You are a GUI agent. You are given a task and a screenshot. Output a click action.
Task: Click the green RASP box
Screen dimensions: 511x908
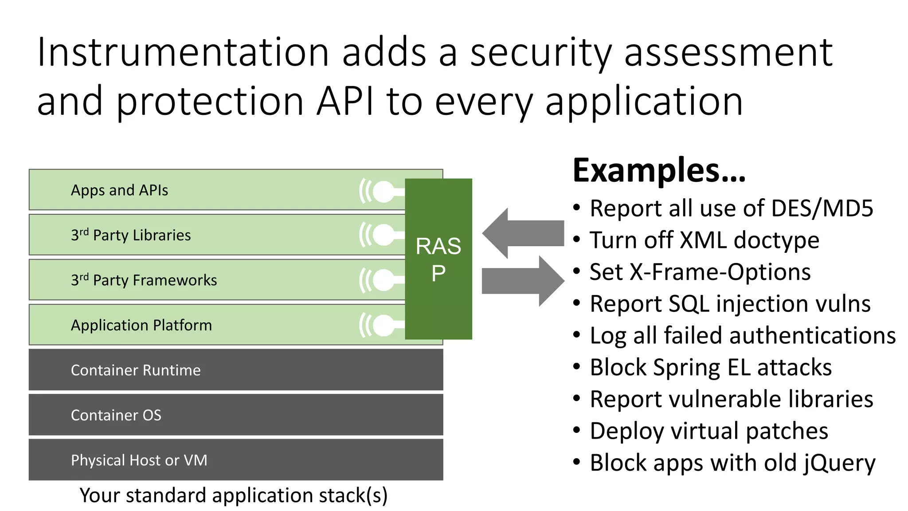point(438,259)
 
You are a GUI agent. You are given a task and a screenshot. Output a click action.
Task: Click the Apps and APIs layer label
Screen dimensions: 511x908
point(119,190)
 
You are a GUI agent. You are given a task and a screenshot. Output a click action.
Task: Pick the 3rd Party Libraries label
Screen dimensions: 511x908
point(131,235)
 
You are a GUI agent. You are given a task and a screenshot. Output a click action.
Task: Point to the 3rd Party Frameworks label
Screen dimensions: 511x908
point(144,280)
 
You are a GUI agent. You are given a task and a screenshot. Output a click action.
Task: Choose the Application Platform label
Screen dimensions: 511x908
point(141,325)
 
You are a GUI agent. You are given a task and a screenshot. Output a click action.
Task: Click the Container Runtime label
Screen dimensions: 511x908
point(136,370)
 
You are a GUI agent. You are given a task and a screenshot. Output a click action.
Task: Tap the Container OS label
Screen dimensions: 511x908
point(116,415)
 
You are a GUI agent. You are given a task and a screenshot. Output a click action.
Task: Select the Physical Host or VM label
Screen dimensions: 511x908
point(139,460)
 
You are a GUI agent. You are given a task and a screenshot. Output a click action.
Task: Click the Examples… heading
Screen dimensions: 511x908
point(659,170)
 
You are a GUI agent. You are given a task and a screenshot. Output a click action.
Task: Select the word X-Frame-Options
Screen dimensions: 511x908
point(720,272)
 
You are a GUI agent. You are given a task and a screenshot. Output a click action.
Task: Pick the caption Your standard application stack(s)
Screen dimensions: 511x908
point(233,495)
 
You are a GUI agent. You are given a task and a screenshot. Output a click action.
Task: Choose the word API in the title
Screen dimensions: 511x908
point(345,101)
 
